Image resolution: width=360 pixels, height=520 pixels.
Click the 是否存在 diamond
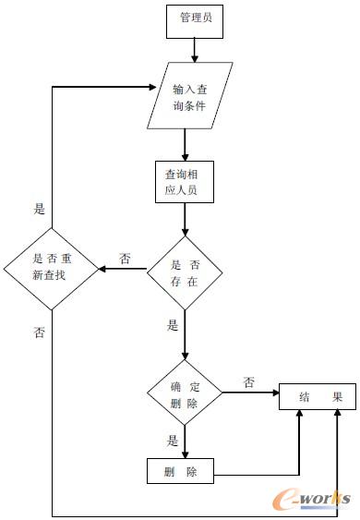(x=186, y=270)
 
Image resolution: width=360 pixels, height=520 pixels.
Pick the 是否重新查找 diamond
(x=52, y=268)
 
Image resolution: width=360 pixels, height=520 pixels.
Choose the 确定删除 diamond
(x=186, y=395)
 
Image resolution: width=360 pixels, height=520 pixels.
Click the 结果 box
(x=317, y=397)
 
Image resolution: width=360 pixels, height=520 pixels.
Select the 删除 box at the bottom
(x=180, y=471)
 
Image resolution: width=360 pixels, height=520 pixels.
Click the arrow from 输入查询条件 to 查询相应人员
(x=186, y=144)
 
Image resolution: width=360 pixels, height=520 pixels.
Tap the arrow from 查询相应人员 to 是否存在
(x=186, y=219)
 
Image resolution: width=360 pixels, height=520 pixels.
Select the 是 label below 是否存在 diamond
(x=173, y=325)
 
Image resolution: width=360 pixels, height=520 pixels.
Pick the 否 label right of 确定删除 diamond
(x=249, y=381)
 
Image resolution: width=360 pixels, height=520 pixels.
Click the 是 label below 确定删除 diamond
(x=173, y=441)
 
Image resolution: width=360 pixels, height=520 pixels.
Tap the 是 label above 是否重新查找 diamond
(x=40, y=210)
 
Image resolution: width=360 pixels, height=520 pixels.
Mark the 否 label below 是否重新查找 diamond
(x=39, y=331)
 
